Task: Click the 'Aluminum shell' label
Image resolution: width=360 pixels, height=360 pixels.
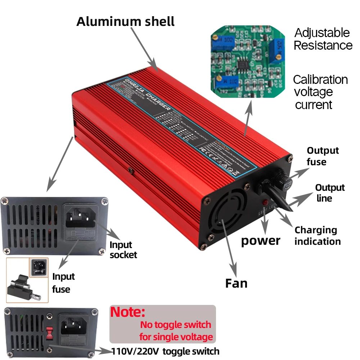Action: click(125, 21)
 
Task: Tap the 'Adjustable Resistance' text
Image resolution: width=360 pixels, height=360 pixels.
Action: click(323, 39)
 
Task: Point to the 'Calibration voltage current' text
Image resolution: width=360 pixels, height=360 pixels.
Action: click(320, 92)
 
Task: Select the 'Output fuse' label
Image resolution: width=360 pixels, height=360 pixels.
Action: click(323, 156)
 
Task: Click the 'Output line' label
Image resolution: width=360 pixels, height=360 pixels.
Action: click(329, 193)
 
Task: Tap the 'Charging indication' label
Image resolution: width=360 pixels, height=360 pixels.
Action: click(317, 235)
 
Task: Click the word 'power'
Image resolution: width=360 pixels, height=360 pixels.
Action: click(260, 240)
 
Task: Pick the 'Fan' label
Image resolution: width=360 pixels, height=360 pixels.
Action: click(236, 283)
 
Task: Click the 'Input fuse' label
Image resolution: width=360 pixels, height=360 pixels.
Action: click(63, 283)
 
